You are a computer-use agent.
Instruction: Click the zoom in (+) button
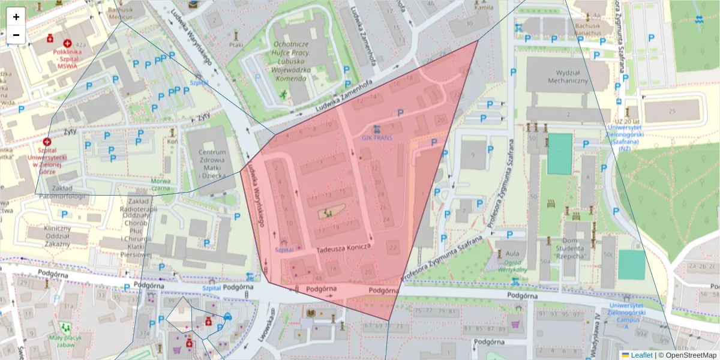(16, 16)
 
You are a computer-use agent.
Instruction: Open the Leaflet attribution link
(641, 355)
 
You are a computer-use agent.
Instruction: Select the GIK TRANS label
(377, 137)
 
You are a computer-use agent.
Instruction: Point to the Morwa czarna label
(160, 184)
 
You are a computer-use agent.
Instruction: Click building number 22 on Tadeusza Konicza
(394, 247)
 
